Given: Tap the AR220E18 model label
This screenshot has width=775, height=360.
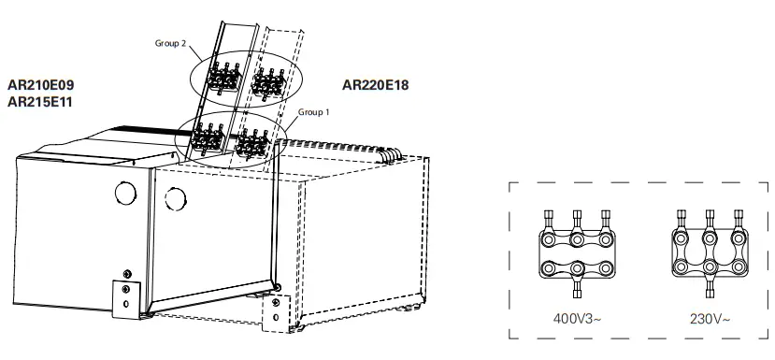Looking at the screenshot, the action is pos(376,84).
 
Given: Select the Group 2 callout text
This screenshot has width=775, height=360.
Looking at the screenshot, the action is pos(171,44).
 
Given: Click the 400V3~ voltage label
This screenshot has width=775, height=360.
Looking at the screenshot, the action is pos(577,317).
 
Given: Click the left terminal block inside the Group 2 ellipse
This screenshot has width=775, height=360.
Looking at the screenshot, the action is pos(222,79).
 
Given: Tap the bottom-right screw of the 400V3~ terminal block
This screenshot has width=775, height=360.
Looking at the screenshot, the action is pos(605,268).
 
